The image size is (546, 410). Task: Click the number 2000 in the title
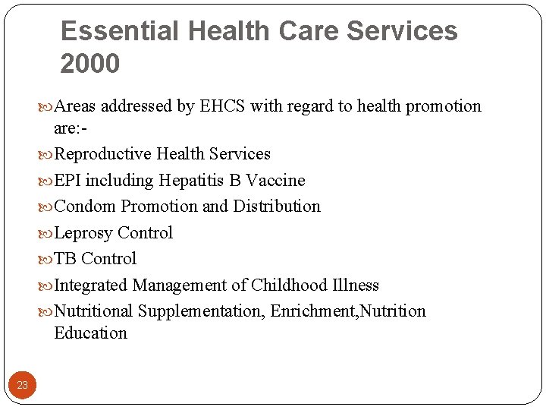point(90,64)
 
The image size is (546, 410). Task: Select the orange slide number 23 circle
point(23,385)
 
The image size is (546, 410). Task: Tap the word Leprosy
point(83,233)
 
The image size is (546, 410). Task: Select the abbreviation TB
point(65,259)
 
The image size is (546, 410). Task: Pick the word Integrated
point(91,285)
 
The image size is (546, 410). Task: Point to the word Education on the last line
point(90,333)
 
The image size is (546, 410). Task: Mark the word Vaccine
point(276,181)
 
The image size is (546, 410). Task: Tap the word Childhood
point(290,285)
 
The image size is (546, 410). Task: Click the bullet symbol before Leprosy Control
point(46,233)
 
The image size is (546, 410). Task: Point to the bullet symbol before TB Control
point(46,259)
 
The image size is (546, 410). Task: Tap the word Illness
point(356,285)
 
